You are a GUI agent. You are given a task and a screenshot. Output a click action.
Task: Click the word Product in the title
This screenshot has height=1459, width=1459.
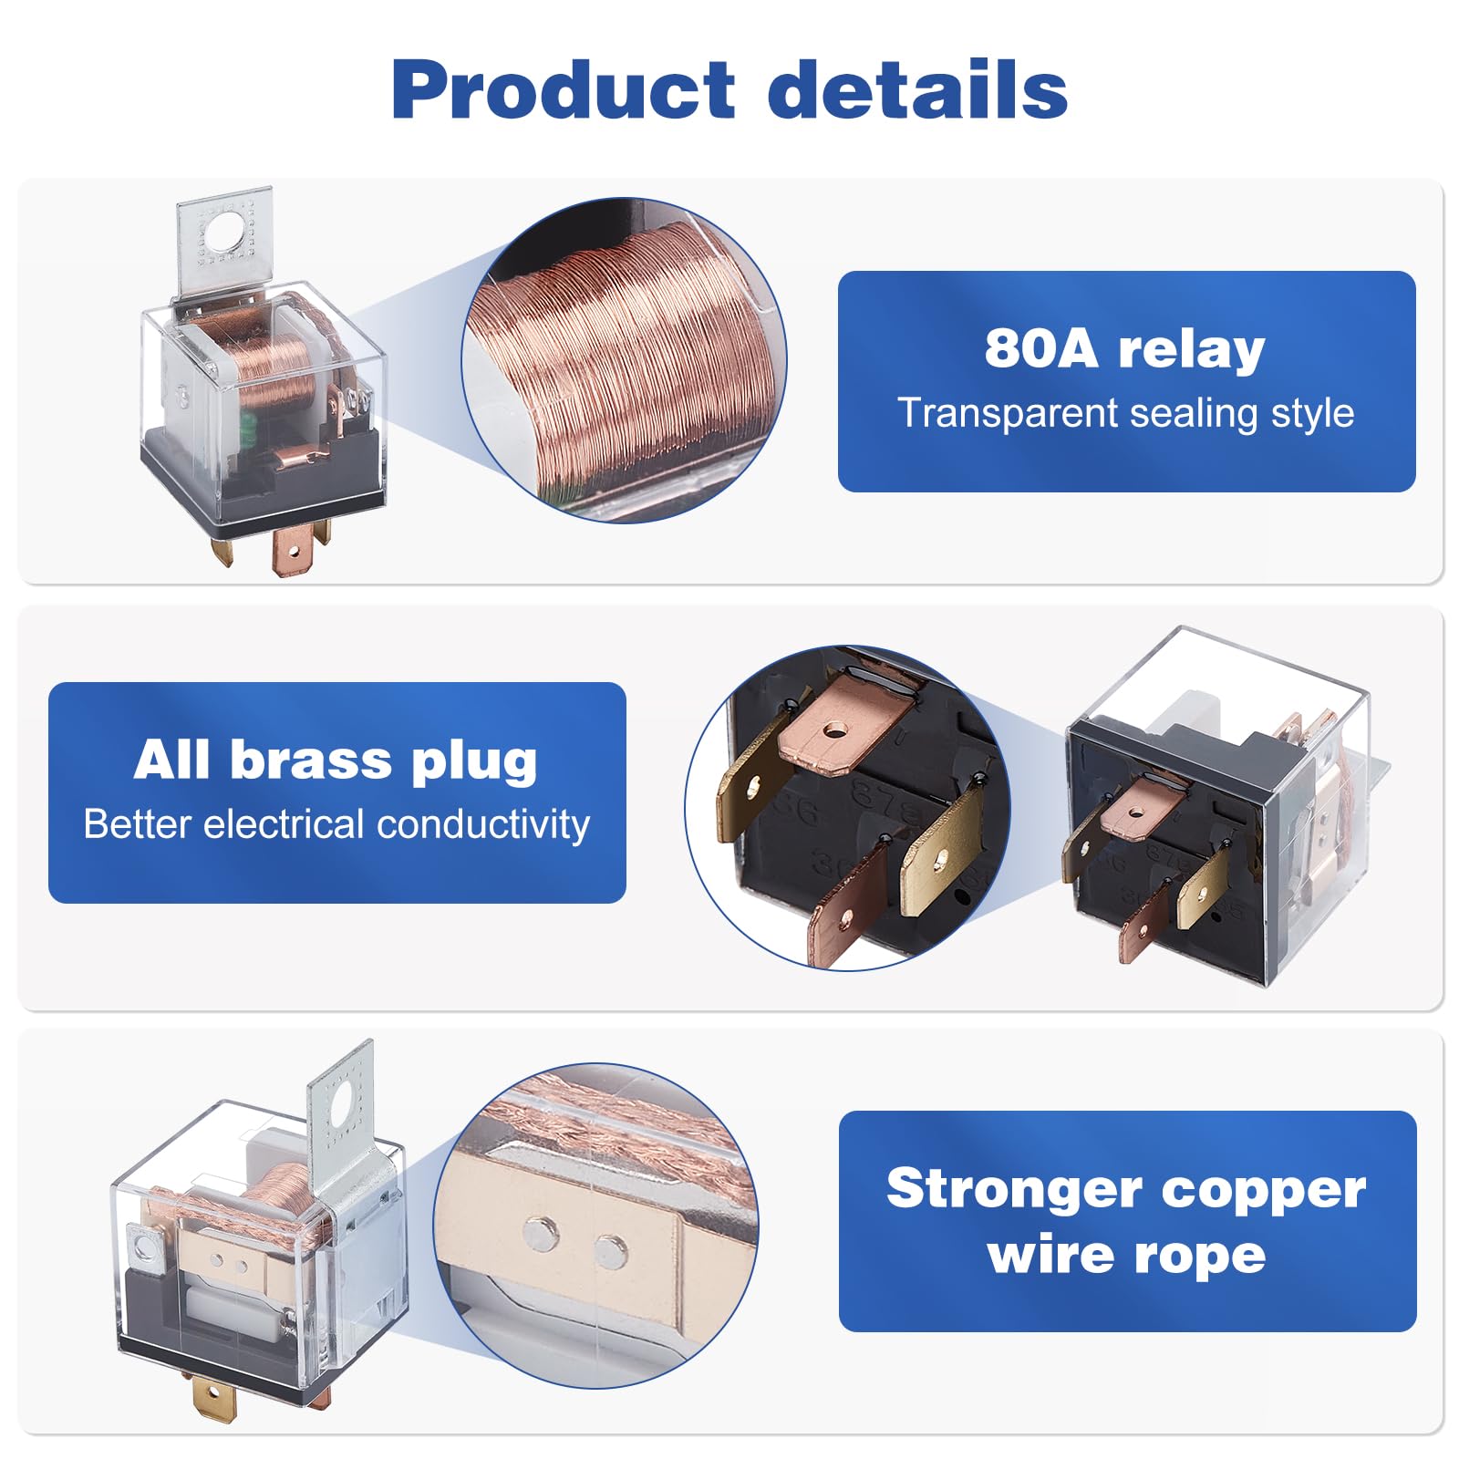563,89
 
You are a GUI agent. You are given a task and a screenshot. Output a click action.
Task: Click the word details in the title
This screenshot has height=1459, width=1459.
917,89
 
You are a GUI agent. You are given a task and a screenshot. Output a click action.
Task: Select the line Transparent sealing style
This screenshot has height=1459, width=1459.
1126,413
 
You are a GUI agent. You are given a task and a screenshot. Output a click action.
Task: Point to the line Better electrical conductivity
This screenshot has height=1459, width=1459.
336,824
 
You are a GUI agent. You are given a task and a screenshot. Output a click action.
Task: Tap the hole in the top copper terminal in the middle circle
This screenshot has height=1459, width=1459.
833,729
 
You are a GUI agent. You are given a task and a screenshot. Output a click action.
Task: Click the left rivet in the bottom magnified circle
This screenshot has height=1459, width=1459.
541,1233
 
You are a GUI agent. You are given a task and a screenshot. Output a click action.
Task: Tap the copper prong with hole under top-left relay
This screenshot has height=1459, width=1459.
293,551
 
